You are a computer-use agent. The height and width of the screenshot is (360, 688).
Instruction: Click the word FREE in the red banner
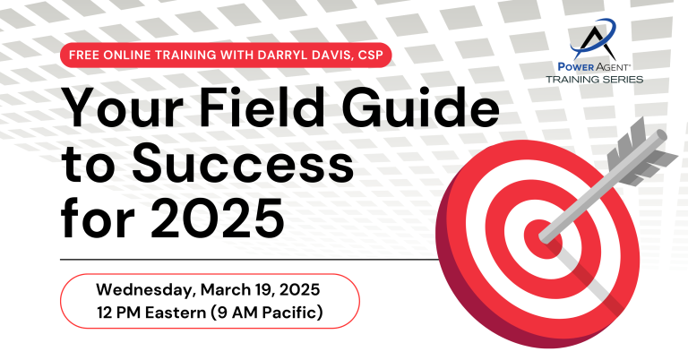84,56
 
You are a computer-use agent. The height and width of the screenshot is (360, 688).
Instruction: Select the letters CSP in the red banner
370,56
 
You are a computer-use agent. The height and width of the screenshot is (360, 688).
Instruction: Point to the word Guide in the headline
420,107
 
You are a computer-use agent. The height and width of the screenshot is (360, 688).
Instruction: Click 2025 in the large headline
217,218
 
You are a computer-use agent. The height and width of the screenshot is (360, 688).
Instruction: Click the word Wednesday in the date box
146,290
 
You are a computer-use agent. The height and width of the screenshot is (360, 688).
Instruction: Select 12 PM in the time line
119,313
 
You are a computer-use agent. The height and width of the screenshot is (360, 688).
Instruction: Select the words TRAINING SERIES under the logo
595,80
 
